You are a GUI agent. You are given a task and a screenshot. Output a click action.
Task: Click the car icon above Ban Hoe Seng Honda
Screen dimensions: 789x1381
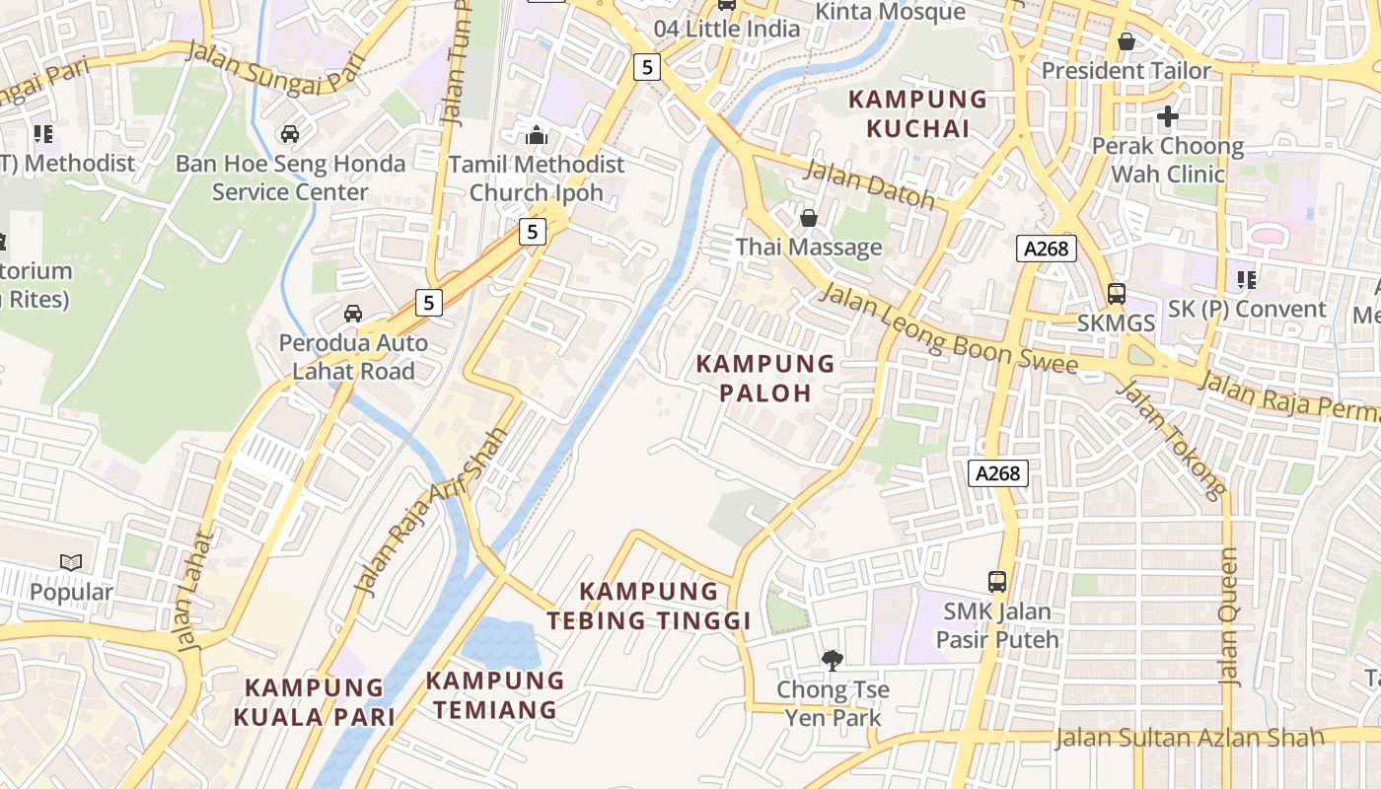[x=290, y=133]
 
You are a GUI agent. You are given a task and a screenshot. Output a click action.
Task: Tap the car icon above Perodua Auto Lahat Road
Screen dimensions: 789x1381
[x=352, y=314]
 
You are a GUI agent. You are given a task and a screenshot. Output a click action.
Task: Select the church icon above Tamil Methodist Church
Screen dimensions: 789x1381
[x=537, y=134]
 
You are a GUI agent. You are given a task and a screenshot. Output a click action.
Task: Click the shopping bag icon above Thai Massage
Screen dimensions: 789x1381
[x=809, y=217]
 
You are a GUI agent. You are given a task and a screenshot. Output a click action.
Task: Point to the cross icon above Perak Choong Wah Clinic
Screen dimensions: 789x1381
[x=1168, y=116]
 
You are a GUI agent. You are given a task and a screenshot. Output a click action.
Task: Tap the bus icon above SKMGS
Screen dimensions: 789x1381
[x=1116, y=293]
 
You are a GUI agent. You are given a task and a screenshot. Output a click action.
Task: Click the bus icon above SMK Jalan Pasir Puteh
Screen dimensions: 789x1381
[x=997, y=581]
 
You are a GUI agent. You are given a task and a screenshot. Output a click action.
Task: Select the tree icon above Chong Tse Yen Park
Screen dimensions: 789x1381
[x=833, y=659]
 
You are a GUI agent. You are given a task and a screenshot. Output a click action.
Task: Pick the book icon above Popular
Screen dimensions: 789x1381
[x=71, y=562]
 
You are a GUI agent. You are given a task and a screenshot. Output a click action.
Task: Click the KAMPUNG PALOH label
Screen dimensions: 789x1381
[x=765, y=378]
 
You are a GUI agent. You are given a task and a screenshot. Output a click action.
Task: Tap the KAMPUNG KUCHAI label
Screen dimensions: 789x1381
[x=917, y=113]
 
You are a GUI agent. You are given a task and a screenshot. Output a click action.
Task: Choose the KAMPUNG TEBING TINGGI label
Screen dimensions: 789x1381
[x=649, y=606]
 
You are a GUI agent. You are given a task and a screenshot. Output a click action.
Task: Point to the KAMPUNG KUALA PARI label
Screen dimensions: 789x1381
[x=314, y=701]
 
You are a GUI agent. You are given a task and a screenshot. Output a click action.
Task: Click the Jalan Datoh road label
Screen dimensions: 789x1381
[x=869, y=183]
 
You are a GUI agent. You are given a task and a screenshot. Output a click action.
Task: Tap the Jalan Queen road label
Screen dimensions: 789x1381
[x=1228, y=616]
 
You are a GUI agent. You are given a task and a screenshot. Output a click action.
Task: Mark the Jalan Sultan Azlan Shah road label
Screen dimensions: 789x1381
[x=1190, y=738]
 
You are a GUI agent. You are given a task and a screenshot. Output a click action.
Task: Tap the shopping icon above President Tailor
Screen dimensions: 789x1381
[x=1127, y=41]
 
